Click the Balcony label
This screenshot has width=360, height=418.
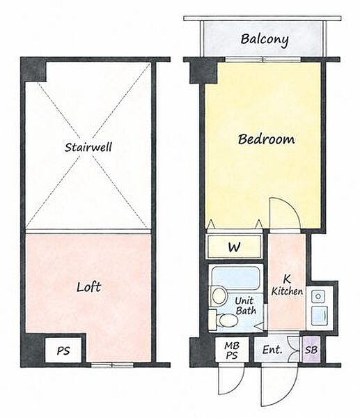coord(265,40)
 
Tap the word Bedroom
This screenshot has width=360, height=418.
coord(266,139)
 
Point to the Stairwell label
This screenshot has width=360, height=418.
coord(88,147)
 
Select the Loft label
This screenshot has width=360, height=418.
coord(88,287)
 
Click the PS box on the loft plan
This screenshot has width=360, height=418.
coord(63,350)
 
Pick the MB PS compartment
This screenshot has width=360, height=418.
coord(232,350)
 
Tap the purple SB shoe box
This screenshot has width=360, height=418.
coord(311,350)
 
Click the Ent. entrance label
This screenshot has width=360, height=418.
coord(272,350)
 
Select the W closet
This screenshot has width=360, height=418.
coord(234,247)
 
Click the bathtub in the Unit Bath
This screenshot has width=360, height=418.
coord(236,278)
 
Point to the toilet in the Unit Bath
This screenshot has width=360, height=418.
coord(224,320)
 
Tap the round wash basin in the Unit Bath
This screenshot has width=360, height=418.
coord(219,296)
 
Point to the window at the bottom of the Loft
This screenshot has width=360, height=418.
coord(112,364)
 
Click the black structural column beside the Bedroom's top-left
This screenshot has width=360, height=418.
coord(203,72)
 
